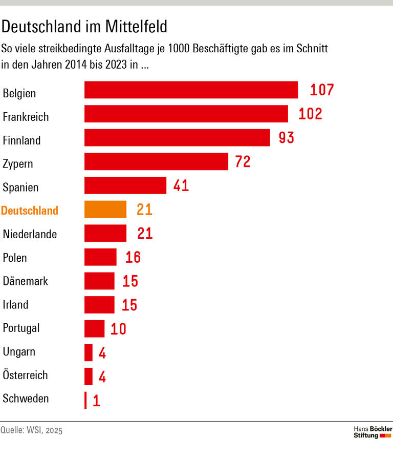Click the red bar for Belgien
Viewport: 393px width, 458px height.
(191, 90)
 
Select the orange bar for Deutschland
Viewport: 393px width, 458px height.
(105, 210)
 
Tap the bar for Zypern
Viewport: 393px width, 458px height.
(156, 162)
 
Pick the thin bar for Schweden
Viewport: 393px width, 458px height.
(85, 400)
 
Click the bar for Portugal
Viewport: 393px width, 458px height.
(94, 329)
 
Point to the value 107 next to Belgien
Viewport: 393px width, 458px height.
(322, 90)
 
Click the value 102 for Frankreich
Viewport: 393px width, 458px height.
(310, 114)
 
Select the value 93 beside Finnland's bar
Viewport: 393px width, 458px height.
(287, 138)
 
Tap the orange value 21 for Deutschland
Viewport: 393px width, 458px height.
(144, 210)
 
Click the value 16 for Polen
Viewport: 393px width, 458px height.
(133, 257)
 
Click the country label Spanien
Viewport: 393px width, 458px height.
(20, 188)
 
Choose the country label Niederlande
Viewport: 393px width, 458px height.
(30, 235)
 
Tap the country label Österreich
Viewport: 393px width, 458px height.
(25, 375)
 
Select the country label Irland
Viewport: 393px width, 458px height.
(16, 305)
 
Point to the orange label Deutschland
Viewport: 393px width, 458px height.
(30, 211)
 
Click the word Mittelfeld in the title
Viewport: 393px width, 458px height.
(137, 26)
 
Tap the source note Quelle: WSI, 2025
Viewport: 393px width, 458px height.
(31, 430)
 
